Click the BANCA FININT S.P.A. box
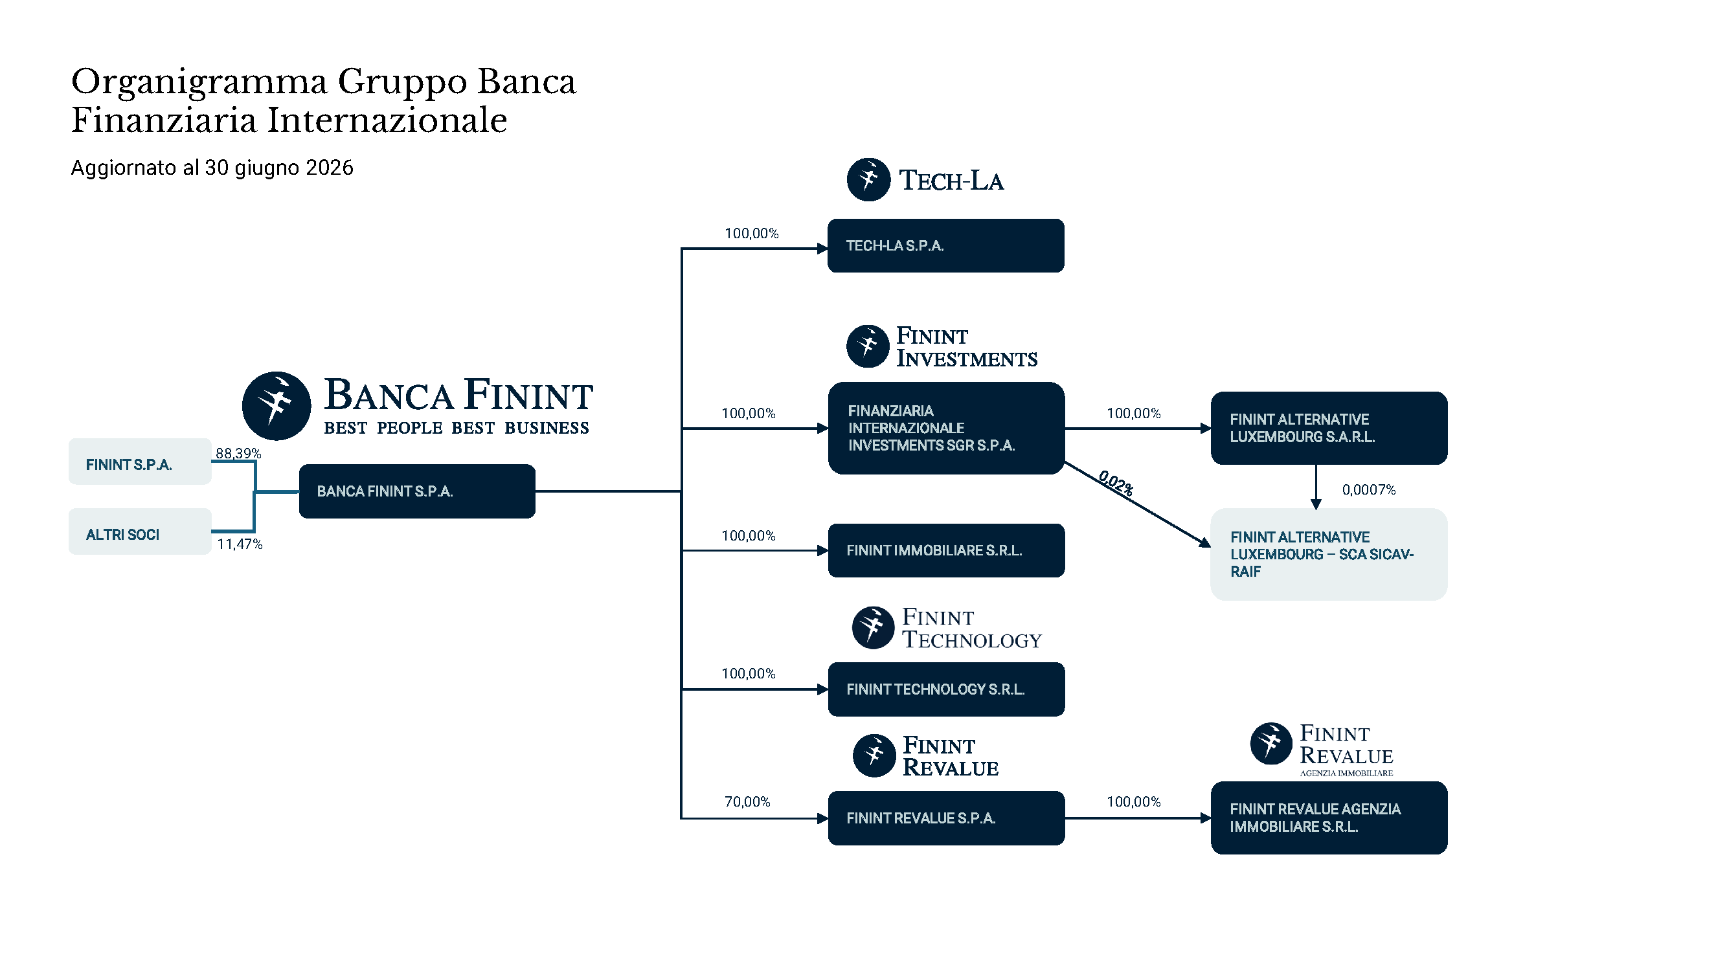coord(417,491)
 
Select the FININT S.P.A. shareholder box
coord(140,462)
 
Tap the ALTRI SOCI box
coord(140,531)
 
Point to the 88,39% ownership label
coord(238,454)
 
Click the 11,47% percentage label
coord(240,544)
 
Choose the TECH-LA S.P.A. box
coord(946,245)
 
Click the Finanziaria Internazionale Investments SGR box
coord(946,428)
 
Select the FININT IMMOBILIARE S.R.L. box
coord(946,550)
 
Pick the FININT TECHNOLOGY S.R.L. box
coord(946,689)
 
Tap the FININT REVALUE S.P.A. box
coord(946,818)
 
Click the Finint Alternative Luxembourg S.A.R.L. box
coord(1329,428)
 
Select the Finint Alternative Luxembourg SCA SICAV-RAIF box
coord(1329,554)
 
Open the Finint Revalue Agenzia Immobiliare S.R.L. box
coord(1329,818)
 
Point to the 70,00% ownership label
coord(747,801)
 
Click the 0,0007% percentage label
coord(1368,490)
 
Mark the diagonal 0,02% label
coord(1116,483)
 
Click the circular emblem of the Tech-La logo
coord(868,179)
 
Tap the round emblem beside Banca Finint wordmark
coord(277,406)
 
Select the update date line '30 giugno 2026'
coord(279,168)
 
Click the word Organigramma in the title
coord(199,82)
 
